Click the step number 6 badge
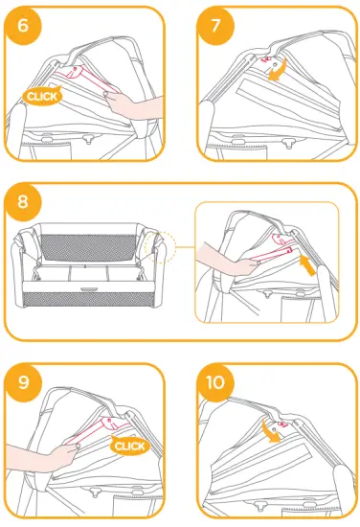pos(23,25)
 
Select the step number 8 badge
pos(23,202)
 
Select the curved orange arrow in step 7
pos(278,72)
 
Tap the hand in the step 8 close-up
pos(220,256)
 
